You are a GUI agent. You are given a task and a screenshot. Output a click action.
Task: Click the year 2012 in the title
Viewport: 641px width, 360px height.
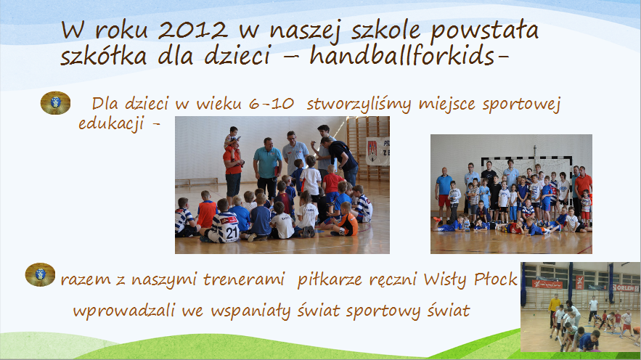point(192,30)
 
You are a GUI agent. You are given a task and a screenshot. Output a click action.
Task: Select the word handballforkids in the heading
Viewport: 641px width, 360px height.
point(402,55)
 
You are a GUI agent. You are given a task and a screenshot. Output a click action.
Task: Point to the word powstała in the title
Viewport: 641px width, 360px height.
point(484,31)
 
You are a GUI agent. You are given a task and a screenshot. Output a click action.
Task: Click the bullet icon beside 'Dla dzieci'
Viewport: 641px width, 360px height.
point(55,102)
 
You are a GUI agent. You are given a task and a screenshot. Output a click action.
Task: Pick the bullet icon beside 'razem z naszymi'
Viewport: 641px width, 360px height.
point(40,274)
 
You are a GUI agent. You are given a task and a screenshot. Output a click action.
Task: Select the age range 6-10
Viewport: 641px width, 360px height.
point(271,104)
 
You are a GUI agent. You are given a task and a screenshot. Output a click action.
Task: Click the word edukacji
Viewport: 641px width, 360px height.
point(110,123)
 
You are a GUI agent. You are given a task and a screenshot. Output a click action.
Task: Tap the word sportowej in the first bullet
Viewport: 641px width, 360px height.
point(520,105)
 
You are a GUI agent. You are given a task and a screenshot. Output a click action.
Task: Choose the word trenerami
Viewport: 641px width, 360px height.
point(243,279)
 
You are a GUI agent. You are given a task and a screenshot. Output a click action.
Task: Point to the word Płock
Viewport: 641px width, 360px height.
point(496,279)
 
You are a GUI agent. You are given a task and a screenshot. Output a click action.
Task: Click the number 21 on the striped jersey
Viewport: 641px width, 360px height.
point(232,232)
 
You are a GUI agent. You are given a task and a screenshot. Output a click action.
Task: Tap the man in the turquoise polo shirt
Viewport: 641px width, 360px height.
point(267,168)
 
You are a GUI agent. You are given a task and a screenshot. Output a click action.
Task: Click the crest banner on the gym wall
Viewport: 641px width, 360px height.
point(377,151)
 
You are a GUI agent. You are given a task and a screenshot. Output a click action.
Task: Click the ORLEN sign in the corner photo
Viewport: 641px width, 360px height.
point(626,287)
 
